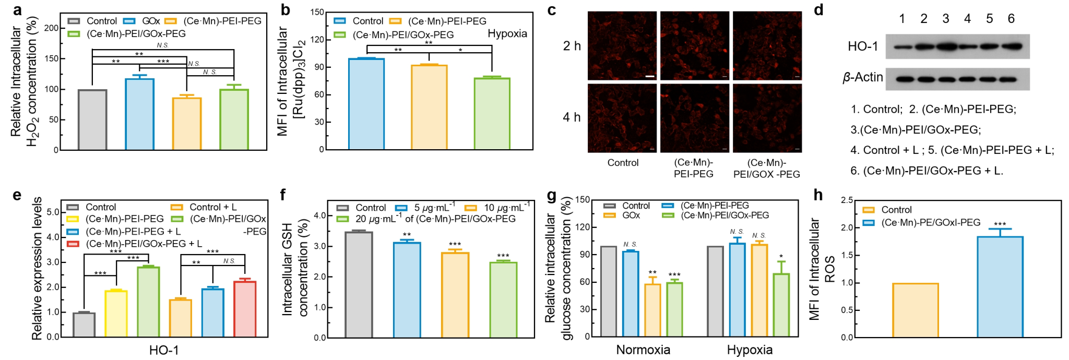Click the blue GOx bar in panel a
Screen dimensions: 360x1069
[x=139, y=114]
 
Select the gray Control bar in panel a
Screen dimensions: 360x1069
[x=92, y=120]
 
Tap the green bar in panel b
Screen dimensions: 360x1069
[x=492, y=114]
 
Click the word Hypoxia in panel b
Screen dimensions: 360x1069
[x=507, y=34]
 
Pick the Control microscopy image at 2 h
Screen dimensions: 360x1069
[x=622, y=46]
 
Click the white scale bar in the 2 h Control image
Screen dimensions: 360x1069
[x=649, y=76]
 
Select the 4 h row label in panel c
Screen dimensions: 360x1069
[x=572, y=117]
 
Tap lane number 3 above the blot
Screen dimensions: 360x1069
[x=945, y=19]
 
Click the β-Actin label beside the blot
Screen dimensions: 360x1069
[x=862, y=78]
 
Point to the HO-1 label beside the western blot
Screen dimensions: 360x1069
[x=863, y=47]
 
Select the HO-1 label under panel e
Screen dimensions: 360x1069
[x=164, y=350]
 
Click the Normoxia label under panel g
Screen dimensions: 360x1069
[x=643, y=350]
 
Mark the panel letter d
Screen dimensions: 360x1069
[x=818, y=9]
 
